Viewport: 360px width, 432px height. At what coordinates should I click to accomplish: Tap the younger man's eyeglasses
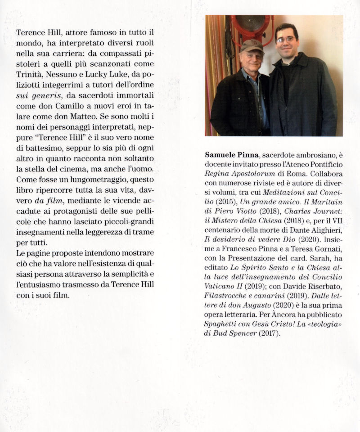(x=286, y=40)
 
